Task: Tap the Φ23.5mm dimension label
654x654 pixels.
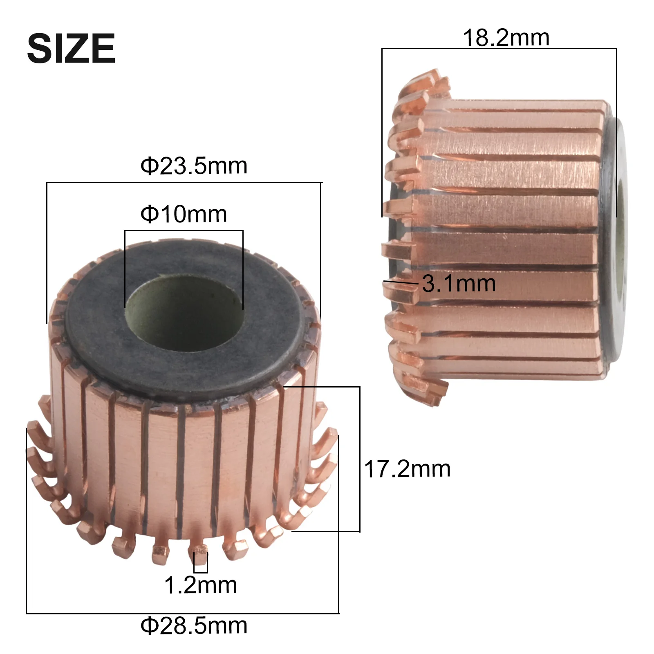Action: pos(194,166)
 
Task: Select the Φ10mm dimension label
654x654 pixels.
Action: pos(184,214)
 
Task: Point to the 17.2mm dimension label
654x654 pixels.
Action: pos(407,469)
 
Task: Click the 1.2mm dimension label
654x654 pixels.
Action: pos(200,585)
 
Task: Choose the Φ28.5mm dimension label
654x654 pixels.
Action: pos(194,626)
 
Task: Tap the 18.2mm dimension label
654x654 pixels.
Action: pos(506,38)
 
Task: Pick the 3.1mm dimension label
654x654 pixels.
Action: pos(459,283)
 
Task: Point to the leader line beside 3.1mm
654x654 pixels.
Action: pos(401,282)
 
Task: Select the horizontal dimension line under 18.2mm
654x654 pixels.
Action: pos(499,49)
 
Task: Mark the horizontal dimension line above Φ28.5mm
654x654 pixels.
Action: pos(182,613)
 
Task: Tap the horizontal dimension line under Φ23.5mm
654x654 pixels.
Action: pos(184,182)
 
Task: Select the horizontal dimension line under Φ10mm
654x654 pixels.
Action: pos(184,231)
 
